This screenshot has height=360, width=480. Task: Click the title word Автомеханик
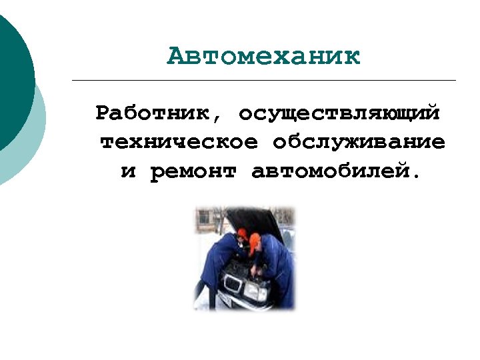coord(263,56)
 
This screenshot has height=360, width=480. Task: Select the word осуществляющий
coord(339,113)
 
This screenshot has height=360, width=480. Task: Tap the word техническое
coord(179,142)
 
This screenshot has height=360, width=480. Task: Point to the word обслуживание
coord(359,142)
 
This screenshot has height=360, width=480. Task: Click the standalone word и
coord(128,172)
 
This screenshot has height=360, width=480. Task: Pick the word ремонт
coord(193,172)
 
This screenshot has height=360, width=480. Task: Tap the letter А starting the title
coord(175,56)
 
